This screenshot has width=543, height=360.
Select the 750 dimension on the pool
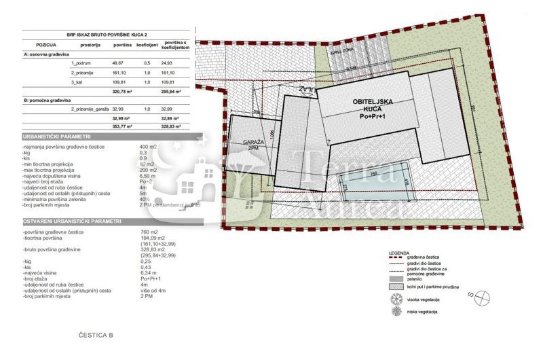click(373, 173)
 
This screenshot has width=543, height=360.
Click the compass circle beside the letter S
click(483, 296)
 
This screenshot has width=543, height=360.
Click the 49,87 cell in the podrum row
click(122, 62)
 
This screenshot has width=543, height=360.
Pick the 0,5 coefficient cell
click(147, 62)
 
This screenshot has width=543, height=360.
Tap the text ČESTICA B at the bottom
click(96, 336)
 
